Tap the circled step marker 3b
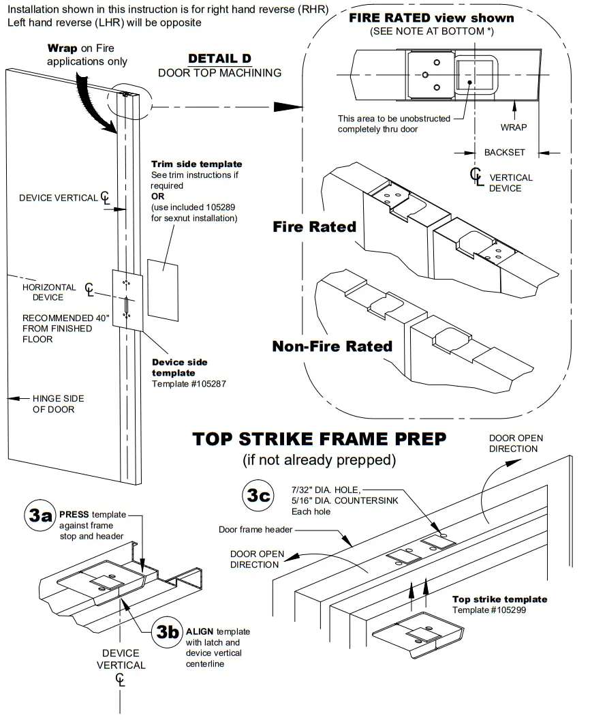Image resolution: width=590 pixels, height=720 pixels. tap(166, 631)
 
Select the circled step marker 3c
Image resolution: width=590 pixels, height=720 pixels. tap(259, 496)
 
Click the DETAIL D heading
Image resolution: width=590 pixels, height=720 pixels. tap(219, 59)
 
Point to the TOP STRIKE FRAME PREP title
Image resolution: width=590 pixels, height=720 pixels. tap(320, 438)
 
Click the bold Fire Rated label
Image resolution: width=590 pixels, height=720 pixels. tap(314, 227)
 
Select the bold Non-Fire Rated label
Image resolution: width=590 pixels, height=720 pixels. tap(332, 346)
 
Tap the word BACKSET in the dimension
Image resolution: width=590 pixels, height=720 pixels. tap(505, 152)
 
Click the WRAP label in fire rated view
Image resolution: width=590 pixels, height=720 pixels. tap(513, 127)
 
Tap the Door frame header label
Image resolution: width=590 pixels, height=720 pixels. tap(255, 529)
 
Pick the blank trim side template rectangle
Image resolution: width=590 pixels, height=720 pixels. tap(163, 289)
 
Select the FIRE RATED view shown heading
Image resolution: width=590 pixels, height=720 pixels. tap(431, 18)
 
